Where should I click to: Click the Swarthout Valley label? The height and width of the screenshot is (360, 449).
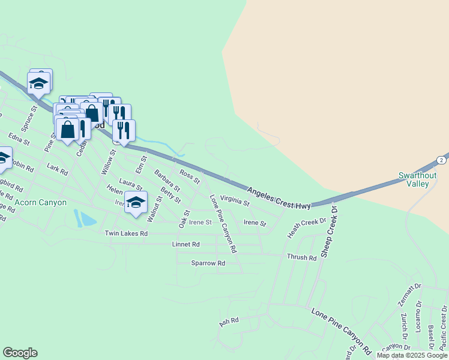click(414, 179)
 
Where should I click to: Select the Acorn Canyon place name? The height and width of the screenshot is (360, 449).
click(41, 203)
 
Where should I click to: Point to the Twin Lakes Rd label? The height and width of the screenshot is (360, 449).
click(126, 233)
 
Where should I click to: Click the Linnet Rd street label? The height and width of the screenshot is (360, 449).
click(185, 245)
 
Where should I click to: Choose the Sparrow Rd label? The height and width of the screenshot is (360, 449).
click(208, 263)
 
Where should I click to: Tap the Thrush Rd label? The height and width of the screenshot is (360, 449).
click(301, 257)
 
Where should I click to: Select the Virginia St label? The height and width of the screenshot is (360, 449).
click(235, 202)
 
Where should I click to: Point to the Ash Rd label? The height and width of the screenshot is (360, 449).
click(229, 322)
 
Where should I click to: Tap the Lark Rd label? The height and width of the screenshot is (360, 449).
click(58, 170)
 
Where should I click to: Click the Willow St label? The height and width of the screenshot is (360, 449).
click(107, 163)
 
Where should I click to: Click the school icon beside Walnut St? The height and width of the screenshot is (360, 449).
click(136, 202)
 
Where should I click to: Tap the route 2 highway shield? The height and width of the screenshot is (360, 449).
click(442, 160)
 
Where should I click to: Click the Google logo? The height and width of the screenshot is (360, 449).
click(20, 353)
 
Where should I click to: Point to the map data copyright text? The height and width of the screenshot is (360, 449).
click(412, 355)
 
